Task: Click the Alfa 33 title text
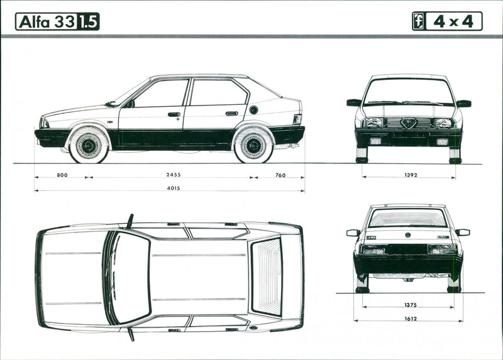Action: pyautogui.click(x=47, y=22)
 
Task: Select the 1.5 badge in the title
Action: pyautogui.click(x=88, y=22)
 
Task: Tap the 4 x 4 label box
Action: pyautogui.click(x=454, y=21)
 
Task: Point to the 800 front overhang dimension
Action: pyautogui.click(x=62, y=175)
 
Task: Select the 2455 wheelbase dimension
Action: pyautogui.click(x=172, y=175)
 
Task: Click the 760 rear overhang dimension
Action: pyautogui.click(x=280, y=175)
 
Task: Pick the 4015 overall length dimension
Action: pyautogui.click(x=170, y=188)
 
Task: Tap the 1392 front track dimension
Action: pyautogui.click(x=410, y=175)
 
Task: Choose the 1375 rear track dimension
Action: pyautogui.click(x=409, y=305)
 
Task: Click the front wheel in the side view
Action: pyautogui.click(x=89, y=144)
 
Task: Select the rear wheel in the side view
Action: pyautogui.click(x=254, y=144)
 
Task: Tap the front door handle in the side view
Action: pyautogui.click(x=174, y=115)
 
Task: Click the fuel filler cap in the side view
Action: pyautogui.click(x=253, y=110)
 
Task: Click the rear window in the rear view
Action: pyautogui.click(x=408, y=217)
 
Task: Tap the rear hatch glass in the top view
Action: pyautogui.click(x=267, y=276)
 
